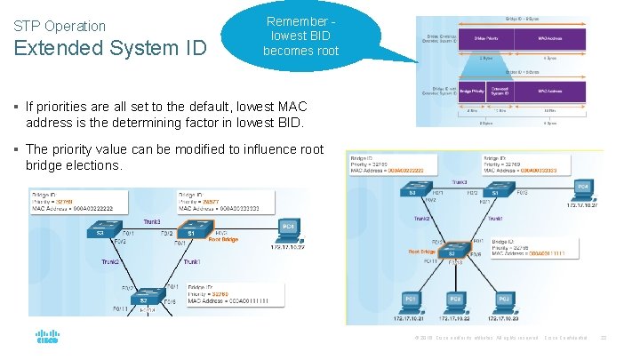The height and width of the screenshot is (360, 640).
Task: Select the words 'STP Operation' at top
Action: [60, 26]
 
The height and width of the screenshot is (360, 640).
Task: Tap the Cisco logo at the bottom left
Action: [46, 339]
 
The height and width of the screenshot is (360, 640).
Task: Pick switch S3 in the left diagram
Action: [100, 231]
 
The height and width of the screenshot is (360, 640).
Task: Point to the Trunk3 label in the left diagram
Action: [151, 221]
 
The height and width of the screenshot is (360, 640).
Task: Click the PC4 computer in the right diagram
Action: [582, 190]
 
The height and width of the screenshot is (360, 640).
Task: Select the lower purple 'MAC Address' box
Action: [552, 91]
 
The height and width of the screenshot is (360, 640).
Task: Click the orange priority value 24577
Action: [212, 202]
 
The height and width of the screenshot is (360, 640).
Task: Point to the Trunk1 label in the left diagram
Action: [192, 262]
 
